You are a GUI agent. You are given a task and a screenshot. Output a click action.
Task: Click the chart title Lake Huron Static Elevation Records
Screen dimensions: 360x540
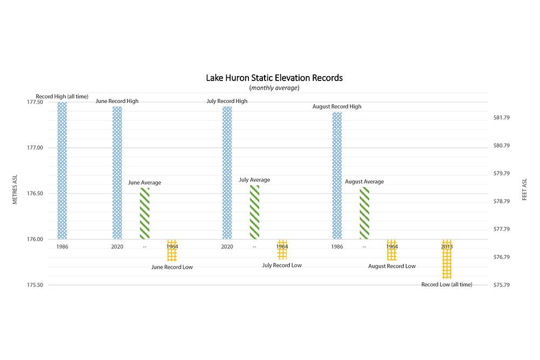coord(274,78)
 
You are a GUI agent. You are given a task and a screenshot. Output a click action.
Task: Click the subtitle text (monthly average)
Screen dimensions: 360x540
coord(274,88)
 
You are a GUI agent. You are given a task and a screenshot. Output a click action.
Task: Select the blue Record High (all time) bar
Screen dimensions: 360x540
coord(62,170)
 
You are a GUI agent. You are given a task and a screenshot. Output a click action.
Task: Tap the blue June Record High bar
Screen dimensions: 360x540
coord(117,173)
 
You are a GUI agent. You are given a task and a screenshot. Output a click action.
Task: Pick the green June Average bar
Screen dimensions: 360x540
coord(145,213)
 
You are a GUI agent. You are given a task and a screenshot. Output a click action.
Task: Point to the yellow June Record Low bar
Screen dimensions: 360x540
coord(172,250)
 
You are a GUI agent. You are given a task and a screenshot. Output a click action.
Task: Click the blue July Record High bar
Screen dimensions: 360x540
coord(227,173)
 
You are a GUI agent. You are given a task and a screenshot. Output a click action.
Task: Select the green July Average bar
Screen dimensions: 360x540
coord(254,212)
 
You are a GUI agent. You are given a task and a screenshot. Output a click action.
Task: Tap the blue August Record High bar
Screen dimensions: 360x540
coord(337,175)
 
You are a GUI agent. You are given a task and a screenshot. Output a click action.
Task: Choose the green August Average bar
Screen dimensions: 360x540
coord(364,213)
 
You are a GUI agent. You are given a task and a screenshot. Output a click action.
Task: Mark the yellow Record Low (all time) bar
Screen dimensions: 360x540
coord(447,259)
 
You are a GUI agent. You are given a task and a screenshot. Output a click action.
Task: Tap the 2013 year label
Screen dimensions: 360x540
coord(447,247)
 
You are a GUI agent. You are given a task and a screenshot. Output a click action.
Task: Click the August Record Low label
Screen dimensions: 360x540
coord(392,266)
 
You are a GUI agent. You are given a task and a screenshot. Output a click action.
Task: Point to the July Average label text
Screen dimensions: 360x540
coord(254,180)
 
